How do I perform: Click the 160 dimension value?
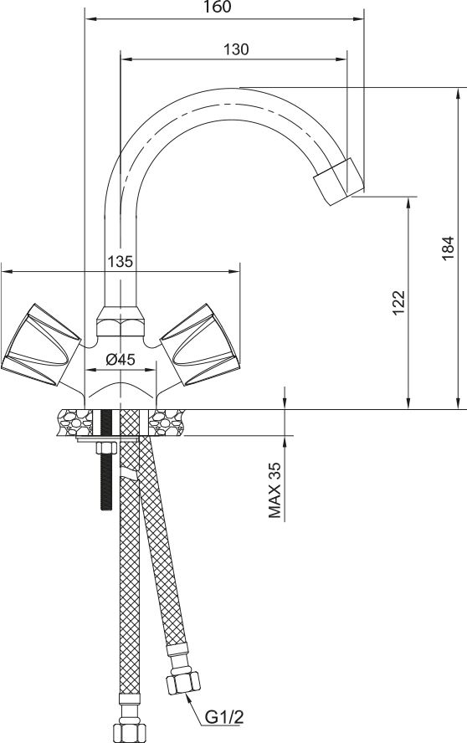[218, 7]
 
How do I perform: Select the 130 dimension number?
[236, 49]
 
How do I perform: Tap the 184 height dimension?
[448, 248]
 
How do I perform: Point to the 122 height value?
[398, 302]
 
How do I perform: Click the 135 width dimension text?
[120, 261]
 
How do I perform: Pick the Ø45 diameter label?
[121, 360]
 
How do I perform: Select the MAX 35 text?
[275, 490]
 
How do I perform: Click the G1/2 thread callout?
[224, 717]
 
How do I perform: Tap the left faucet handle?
[42, 344]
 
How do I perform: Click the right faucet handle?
[199, 344]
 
